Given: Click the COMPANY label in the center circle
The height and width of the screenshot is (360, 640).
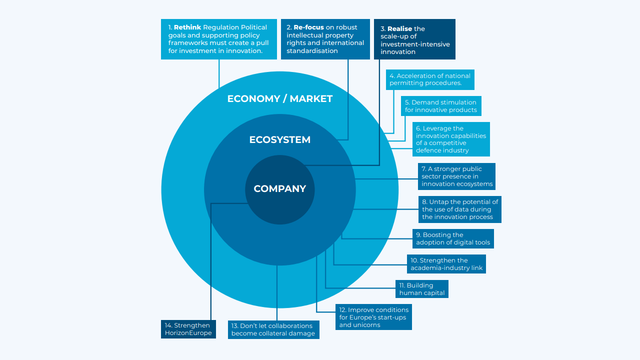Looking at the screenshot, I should pos(279,189).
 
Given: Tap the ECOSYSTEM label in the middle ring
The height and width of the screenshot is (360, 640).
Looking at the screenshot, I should pos(279,140).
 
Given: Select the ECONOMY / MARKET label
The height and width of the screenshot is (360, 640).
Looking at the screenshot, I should pos(279,99).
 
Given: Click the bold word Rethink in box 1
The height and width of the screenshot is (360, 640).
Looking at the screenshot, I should pos(187,27).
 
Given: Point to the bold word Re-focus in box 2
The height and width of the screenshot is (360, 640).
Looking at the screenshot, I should pos(308,27).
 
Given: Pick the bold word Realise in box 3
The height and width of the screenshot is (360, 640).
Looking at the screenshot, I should pos(399,29).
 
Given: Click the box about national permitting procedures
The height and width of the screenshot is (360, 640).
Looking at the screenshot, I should pos(430,79).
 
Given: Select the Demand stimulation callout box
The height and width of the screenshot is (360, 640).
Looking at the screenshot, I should pos(441,106).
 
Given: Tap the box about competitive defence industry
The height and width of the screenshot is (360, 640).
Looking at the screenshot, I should pos(451,139).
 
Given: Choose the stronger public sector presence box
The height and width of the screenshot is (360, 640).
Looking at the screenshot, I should pos(456,176).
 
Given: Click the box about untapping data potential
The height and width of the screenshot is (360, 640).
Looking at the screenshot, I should pos(459,209).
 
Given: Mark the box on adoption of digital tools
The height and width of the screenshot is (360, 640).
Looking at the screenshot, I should pos(453,238).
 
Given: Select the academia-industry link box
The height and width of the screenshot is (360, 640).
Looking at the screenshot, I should pos(446,264).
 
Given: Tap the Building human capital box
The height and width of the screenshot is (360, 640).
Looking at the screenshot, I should pos(422,289).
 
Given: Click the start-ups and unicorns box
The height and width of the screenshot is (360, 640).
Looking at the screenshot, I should pos(373,317).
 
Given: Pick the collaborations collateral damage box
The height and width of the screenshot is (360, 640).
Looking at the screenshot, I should pos(273,329).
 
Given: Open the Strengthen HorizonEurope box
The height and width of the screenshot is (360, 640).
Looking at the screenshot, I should pos(188,329).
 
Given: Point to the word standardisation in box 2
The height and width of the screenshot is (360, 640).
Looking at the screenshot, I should pos(312,51).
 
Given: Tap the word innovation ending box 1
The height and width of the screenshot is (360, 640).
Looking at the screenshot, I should pos(245,51).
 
